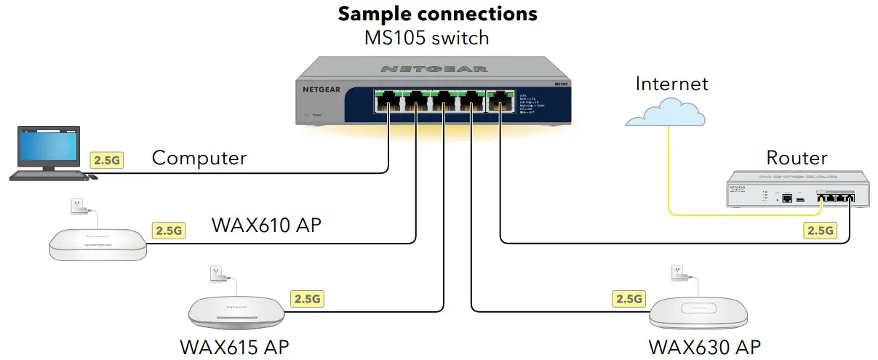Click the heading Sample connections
click(x=438, y=13)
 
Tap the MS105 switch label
click(x=426, y=37)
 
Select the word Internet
click(x=671, y=84)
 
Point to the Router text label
click(x=797, y=158)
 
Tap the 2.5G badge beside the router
click(x=820, y=231)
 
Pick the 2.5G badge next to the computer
click(x=105, y=160)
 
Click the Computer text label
click(x=199, y=158)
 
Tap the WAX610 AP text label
click(x=266, y=225)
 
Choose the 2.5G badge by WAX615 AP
click(x=307, y=298)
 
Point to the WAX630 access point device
click(x=698, y=311)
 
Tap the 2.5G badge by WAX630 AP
click(x=628, y=298)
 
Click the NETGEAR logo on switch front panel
click(x=320, y=91)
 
